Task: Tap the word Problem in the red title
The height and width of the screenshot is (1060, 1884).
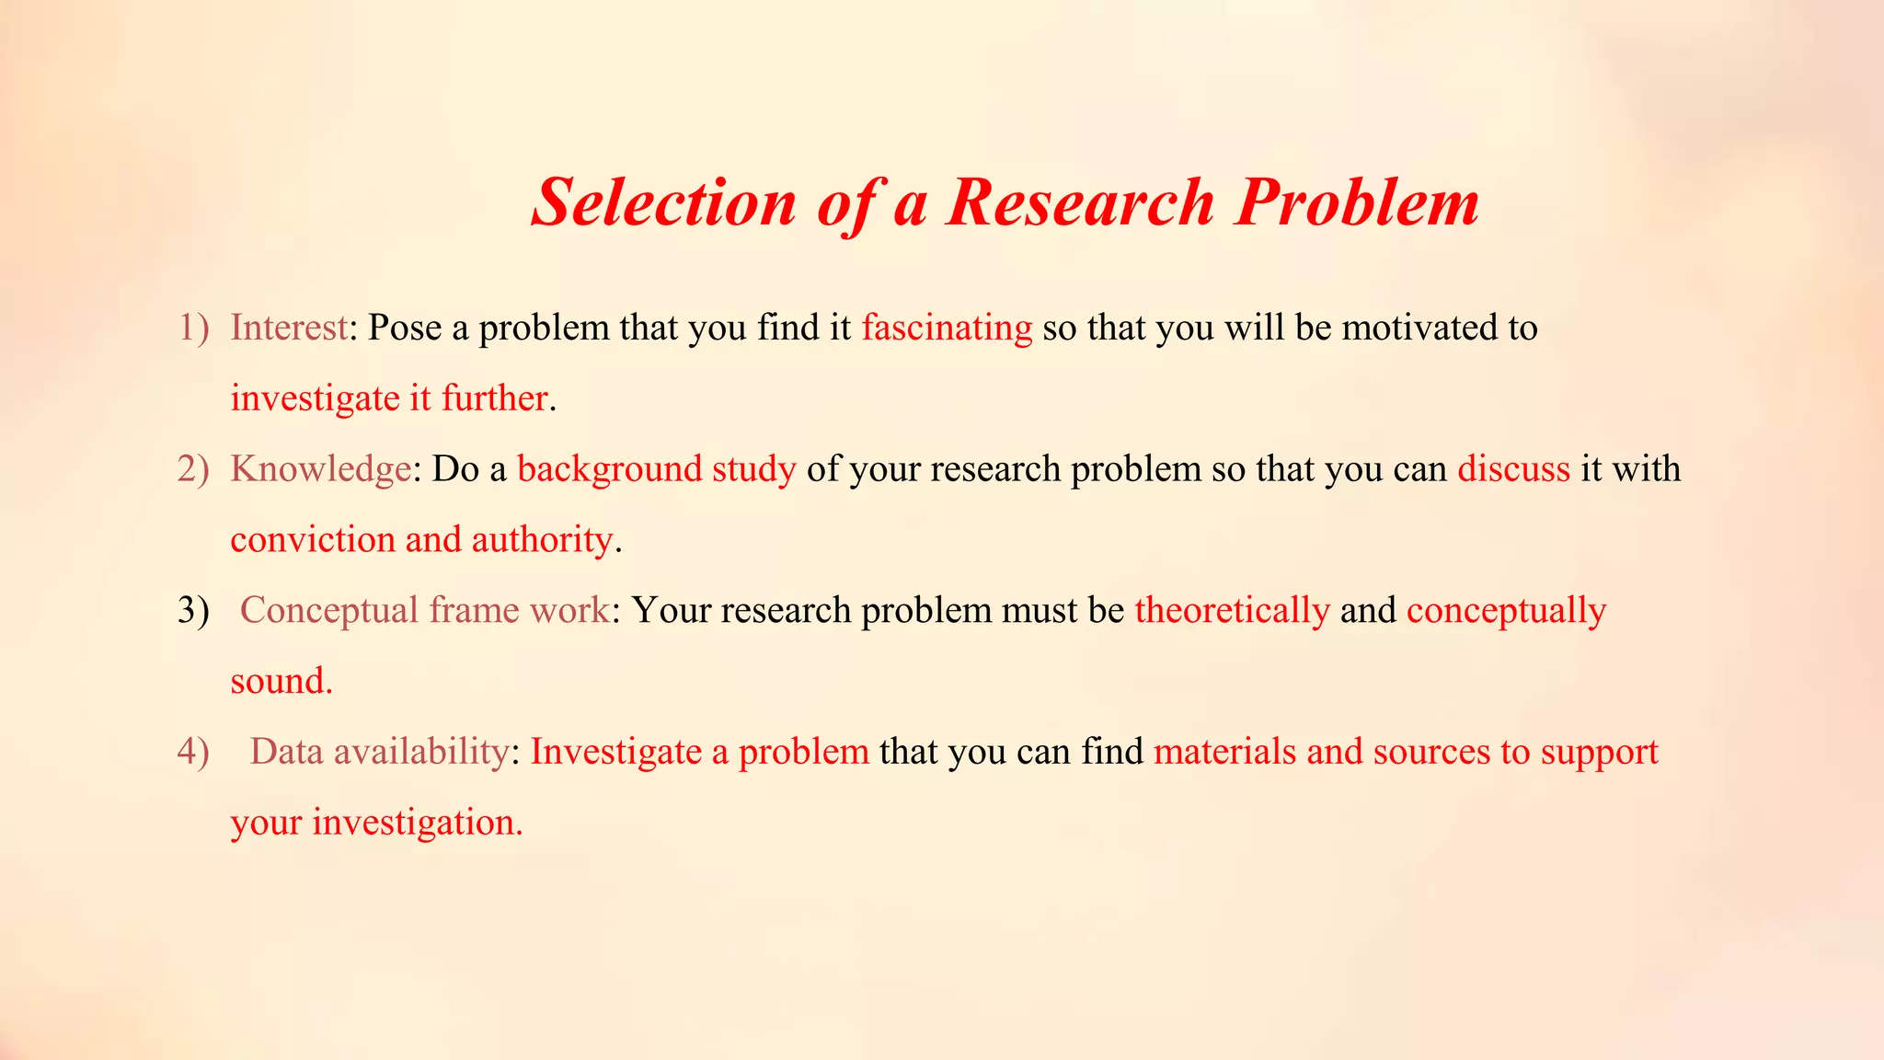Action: click(x=1357, y=202)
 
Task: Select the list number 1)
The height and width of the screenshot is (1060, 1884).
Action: click(x=193, y=328)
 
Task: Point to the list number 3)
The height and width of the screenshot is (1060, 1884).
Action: click(x=193, y=610)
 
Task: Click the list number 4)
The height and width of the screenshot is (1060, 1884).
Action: click(x=193, y=752)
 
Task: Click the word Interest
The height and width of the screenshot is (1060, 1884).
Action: click(x=289, y=328)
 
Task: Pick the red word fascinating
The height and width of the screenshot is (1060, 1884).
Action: click(x=947, y=328)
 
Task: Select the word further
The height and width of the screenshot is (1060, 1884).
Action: click(x=494, y=398)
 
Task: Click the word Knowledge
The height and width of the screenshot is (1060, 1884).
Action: click(x=320, y=469)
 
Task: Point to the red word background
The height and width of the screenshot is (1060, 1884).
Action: click(x=610, y=470)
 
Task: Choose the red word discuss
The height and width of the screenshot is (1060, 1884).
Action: click(x=1513, y=469)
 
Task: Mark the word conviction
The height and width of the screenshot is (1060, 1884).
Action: click(x=313, y=540)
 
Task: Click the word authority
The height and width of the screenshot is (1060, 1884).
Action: click(x=542, y=540)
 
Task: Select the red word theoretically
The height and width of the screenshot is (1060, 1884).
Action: click(x=1232, y=611)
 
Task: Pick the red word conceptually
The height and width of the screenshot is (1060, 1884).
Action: click(x=1506, y=611)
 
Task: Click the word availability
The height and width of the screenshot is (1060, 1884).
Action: click(x=420, y=752)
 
